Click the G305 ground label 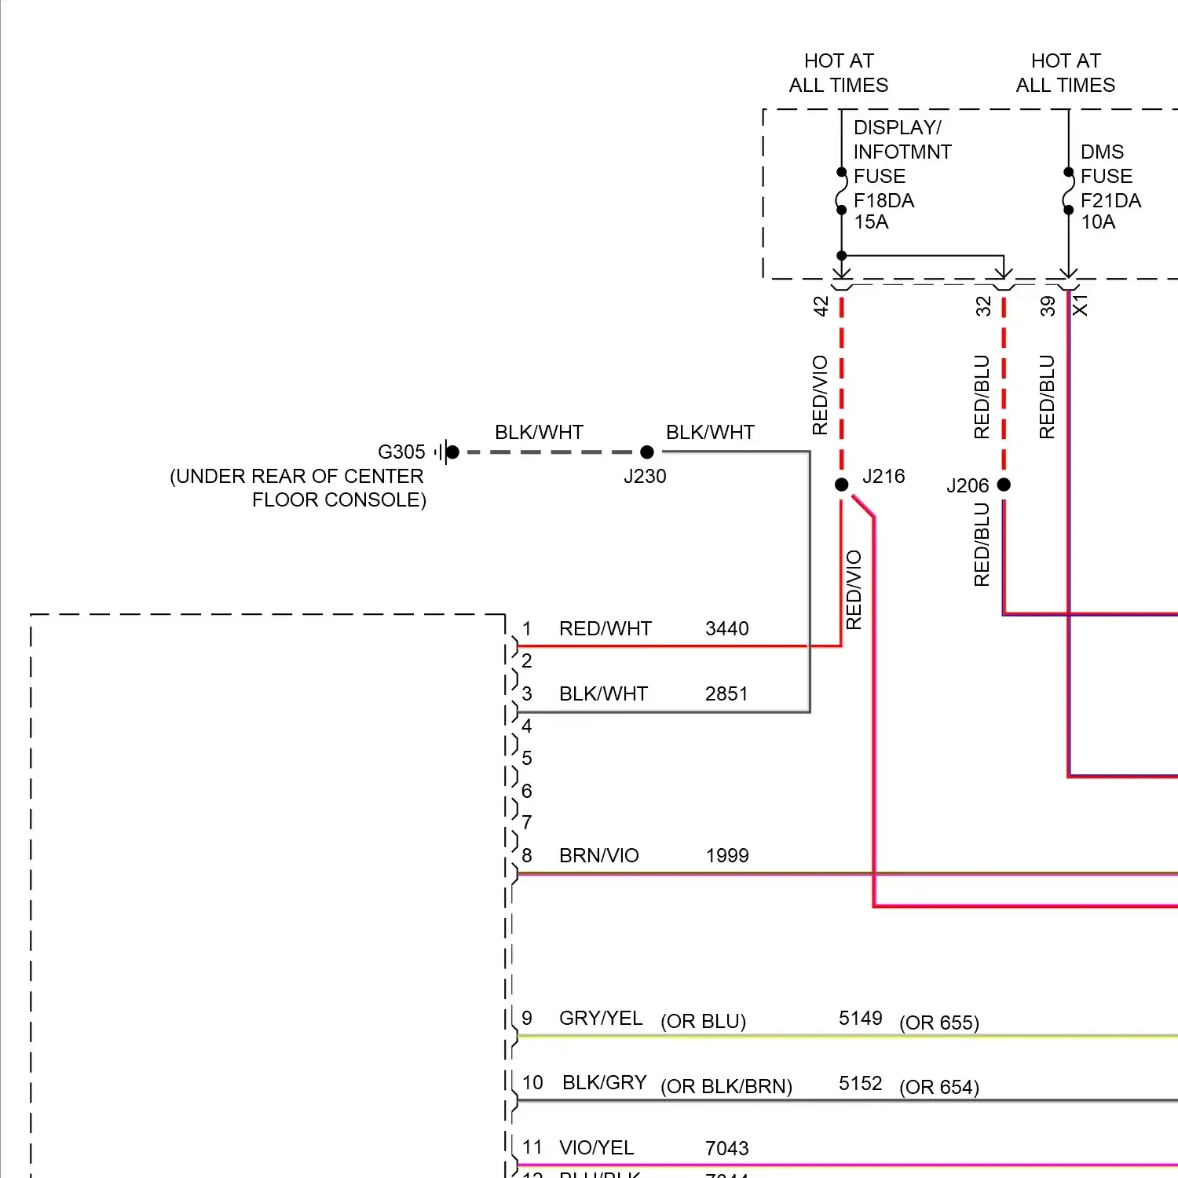coord(401,452)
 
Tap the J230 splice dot coord(647,452)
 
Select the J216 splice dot coord(842,485)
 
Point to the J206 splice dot coord(1004,485)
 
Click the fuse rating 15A coord(871,222)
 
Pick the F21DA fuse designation coord(1110,201)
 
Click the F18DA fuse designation coord(883,201)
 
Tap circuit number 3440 coord(726,629)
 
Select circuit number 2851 coord(726,694)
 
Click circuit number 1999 coord(727,856)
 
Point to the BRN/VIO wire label coord(599,856)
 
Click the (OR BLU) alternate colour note coord(703,1022)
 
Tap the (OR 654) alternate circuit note coord(939,1088)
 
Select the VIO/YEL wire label coord(597,1148)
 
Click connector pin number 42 coord(821,306)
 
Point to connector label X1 coord(1081,305)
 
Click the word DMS coord(1102,152)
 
